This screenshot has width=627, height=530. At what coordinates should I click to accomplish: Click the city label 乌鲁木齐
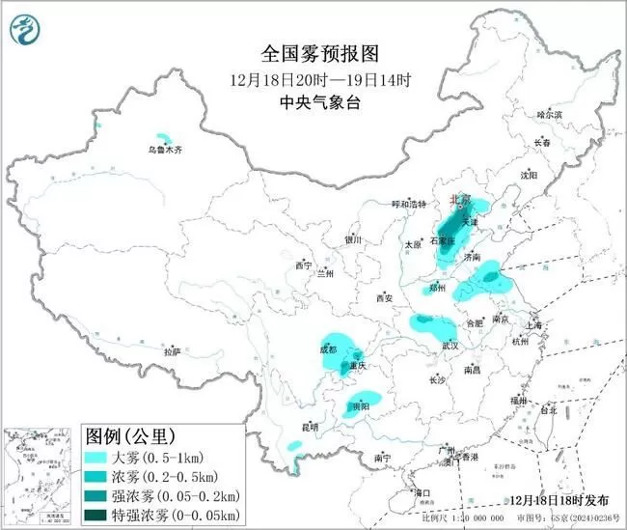(164, 150)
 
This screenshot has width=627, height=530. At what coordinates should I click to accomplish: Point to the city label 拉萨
(172, 352)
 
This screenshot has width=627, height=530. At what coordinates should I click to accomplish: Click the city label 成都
(327, 349)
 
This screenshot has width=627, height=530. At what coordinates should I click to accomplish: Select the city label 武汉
(450, 345)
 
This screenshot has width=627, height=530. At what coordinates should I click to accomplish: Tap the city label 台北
(547, 409)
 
